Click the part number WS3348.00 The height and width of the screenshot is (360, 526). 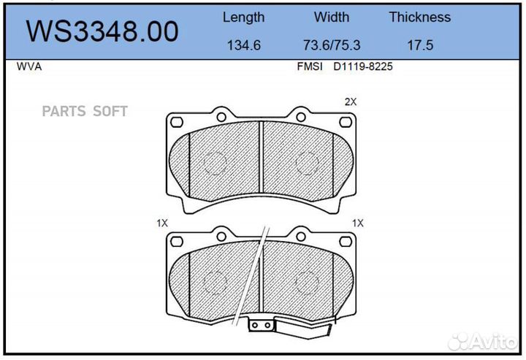102,31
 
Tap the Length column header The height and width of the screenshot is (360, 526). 243,18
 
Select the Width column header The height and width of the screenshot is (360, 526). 332,17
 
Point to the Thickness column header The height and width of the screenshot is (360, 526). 419,17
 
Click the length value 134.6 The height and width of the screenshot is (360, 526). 244,45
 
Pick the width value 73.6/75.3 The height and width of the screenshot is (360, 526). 332,45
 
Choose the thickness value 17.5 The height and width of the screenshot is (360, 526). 420,45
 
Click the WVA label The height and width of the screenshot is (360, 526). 29,66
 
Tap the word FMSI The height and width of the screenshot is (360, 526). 310,66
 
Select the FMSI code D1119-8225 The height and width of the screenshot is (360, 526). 362,66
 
